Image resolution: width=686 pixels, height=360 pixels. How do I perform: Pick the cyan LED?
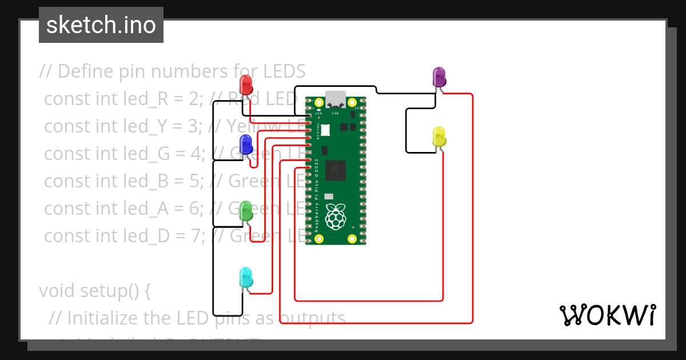click(x=246, y=278)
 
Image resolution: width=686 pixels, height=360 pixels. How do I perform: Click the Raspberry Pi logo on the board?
click(x=336, y=215)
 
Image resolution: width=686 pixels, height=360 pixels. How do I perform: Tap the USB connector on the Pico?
click(x=336, y=98)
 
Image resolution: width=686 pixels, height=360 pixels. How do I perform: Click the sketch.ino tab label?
click(x=101, y=25)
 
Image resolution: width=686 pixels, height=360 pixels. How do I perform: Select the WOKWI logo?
click(x=607, y=315)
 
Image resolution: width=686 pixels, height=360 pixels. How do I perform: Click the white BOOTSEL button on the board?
click(x=325, y=130)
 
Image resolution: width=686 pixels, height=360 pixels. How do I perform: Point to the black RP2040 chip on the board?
click(x=336, y=170)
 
